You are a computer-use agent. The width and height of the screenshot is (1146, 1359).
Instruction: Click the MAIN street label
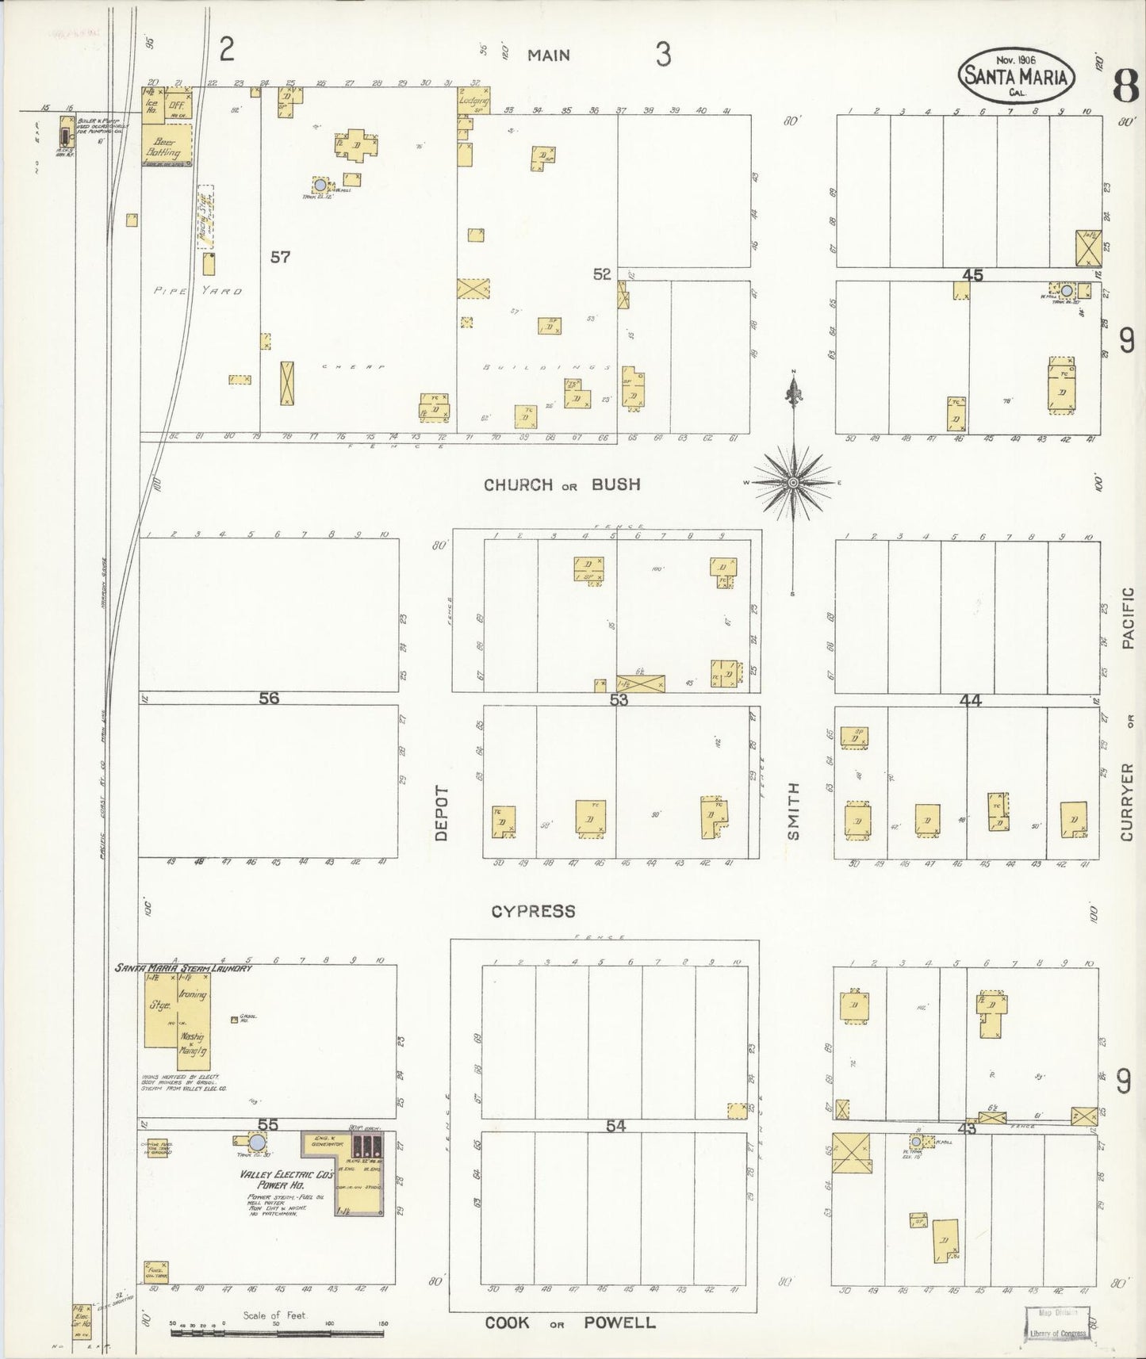coord(549,56)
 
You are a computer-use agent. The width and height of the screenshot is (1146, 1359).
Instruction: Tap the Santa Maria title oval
coord(1016,76)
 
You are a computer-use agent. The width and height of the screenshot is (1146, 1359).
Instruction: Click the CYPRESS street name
coord(533,911)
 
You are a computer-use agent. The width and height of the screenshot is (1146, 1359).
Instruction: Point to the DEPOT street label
coord(442,813)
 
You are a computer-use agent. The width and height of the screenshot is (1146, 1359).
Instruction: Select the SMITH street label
coord(793,810)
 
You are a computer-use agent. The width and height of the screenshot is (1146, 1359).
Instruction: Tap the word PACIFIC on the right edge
coord(1129,618)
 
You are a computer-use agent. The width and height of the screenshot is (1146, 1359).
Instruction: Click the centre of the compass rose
coord(792,482)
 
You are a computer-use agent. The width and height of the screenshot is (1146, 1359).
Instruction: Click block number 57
coord(280,257)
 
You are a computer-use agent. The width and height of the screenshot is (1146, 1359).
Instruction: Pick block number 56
coord(269,698)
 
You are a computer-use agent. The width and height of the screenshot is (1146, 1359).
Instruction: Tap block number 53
coord(619,699)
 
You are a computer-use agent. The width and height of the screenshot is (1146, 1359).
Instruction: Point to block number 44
coord(971,699)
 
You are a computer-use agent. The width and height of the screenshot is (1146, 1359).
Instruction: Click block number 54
coord(616,1125)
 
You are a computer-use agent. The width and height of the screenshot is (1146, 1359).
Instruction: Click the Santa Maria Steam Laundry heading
coord(183,968)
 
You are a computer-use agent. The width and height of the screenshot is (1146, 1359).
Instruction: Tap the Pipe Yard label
coord(198,291)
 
